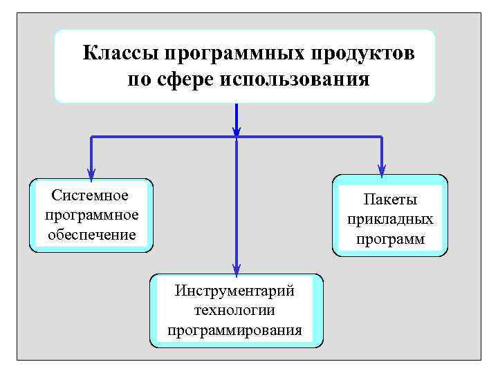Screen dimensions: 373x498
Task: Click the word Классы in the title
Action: coord(121,53)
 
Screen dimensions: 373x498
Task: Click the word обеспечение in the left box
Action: coord(91,234)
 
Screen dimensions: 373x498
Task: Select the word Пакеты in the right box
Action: coord(391,200)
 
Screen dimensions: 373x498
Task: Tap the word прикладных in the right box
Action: coord(391,220)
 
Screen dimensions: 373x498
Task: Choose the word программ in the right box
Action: coord(391,239)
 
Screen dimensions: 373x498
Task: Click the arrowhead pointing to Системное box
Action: coord(91,173)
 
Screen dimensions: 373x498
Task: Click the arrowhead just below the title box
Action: coord(237,129)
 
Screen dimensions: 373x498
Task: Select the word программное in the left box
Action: coord(91,215)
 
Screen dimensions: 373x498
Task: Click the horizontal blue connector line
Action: coord(166,137)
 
